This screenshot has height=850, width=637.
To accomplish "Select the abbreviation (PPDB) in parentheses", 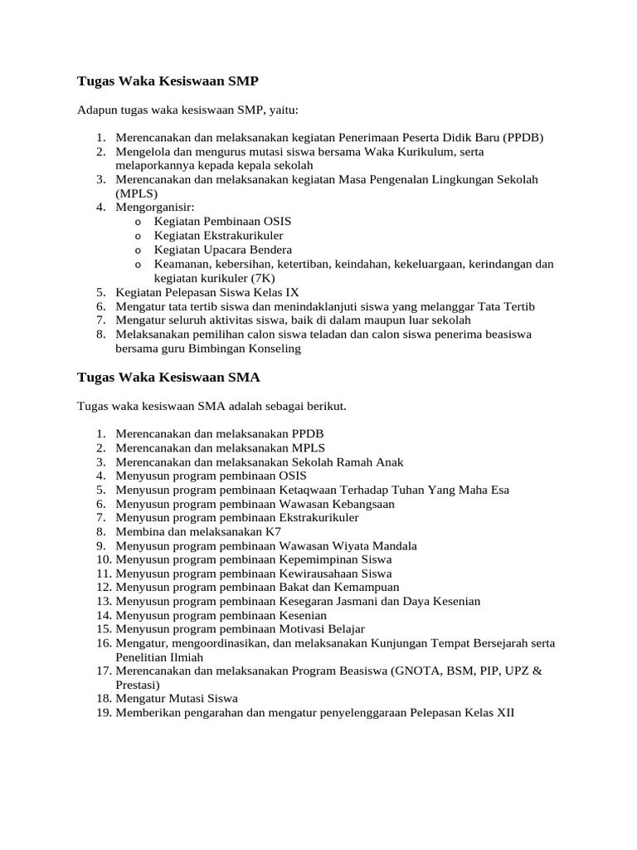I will tap(523, 138).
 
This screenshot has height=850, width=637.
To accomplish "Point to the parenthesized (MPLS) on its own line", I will tap(136, 193).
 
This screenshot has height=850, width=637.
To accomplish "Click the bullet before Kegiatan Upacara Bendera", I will tap(137, 250).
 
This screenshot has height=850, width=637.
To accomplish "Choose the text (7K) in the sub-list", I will tap(260, 278).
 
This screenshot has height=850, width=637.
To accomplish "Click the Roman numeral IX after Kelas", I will tap(292, 292).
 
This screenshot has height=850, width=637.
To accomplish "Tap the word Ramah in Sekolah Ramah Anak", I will tap(349, 462).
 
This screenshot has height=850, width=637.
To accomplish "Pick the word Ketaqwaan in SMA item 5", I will tap(304, 490).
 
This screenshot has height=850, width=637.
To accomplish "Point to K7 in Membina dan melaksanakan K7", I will tap(274, 531).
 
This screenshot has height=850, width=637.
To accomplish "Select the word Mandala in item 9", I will tap(393, 545).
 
